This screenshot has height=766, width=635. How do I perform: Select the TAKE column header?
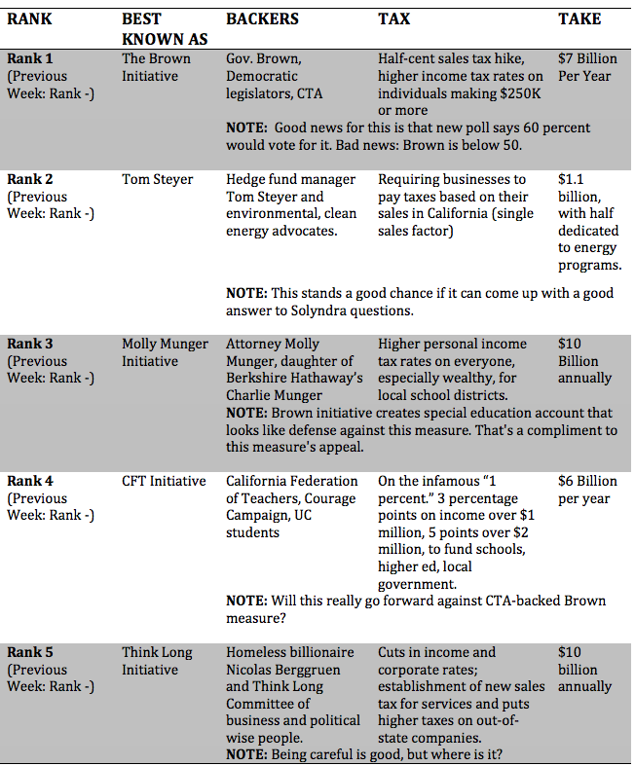pyautogui.click(x=579, y=19)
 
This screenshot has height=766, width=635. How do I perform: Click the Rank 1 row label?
pyautogui.click(x=30, y=58)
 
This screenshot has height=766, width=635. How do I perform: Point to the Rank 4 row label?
pyautogui.click(x=30, y=481)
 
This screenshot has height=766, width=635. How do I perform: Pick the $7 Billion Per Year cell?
pyautogui.click(x=587, y=67)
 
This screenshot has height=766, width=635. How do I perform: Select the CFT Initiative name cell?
pyautogui.click(x=164, y=481)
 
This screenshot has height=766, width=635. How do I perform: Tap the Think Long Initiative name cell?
pyautogui.click(x=157, y=661)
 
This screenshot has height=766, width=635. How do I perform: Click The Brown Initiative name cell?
pyautogui.click(x=156, y=67)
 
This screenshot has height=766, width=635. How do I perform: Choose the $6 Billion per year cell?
pyautogui.click(x=587, y=490)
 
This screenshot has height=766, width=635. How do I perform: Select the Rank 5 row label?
pyautogui.click(x=30, y=652)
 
